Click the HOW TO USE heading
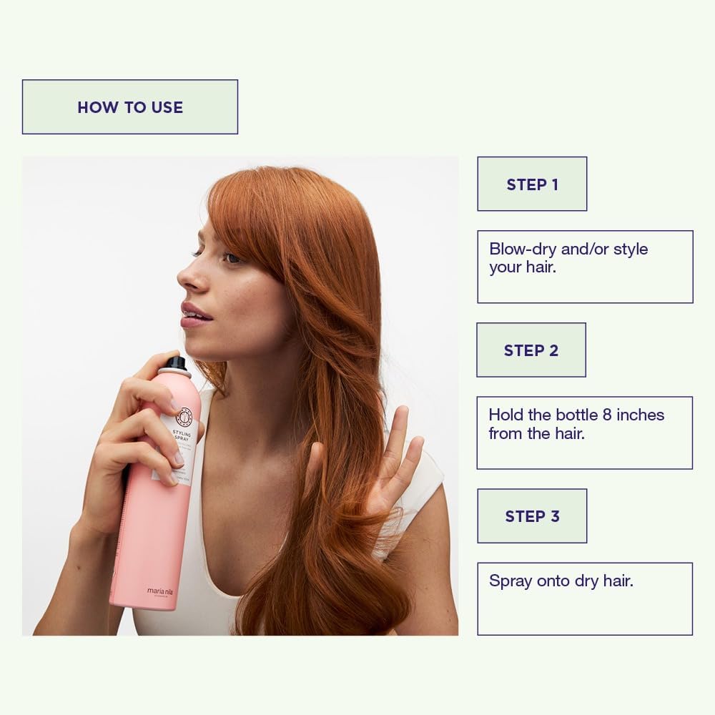pos(130,107)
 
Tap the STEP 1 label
pos(532,184)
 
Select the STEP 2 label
pos(531,350)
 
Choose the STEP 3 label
pos(532,516)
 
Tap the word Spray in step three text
pos(510,581)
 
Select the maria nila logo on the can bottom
pos(160,592)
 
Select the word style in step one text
pos(630,250)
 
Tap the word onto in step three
pos(553,581)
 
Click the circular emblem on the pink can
pos(184,415)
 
